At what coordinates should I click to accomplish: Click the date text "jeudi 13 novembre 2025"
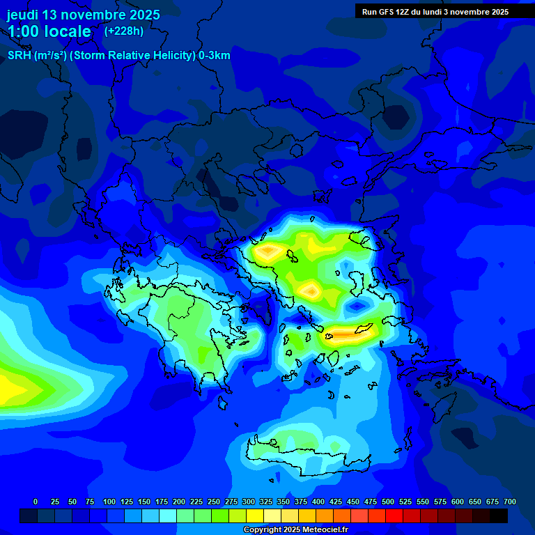tap(83, 15)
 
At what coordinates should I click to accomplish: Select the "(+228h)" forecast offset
tap(124, 31)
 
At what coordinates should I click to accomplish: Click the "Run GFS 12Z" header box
tap(435, 12)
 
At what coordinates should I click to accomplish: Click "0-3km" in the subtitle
tap(214, 56)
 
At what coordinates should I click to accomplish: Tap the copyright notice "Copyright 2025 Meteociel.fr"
tap(295, 530)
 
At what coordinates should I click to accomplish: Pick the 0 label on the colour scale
tap(36, 502)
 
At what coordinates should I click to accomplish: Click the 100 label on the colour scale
tap(109, 502)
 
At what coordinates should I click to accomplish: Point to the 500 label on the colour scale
tap(388, 502)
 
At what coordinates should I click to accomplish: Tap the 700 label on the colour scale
tap(509, 502)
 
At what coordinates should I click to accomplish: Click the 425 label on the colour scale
tap(336, 502)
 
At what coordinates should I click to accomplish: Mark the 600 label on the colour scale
tap(458, 502)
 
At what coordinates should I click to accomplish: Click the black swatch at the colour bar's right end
tap(499, 515)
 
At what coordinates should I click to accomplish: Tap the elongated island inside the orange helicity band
tap(364, 329)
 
